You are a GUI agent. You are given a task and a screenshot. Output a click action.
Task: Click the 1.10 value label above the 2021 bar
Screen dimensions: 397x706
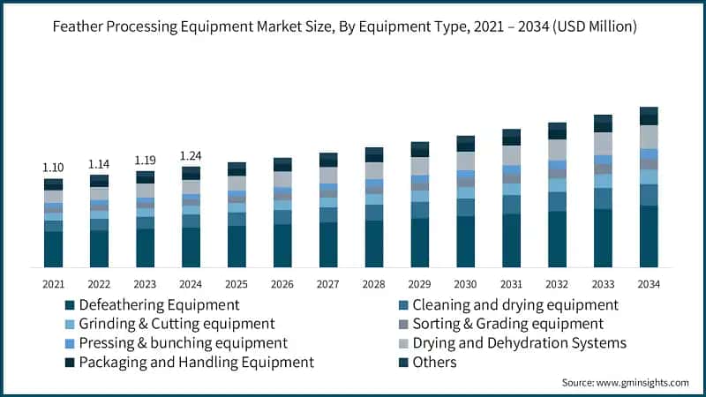point(53,168)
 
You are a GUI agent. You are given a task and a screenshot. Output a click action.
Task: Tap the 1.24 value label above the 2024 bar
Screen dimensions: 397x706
point(191,156)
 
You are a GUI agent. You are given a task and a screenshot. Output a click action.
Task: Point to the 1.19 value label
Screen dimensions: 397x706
point(145,161)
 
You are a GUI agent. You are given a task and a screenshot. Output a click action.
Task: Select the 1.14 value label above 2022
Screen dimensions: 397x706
point(99,164)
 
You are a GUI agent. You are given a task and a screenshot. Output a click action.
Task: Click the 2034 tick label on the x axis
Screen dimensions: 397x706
point(649,283)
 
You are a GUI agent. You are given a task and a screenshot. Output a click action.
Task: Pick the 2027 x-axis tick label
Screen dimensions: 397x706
point(328,283)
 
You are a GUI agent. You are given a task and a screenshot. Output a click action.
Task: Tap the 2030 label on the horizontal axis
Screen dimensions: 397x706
point(465,283)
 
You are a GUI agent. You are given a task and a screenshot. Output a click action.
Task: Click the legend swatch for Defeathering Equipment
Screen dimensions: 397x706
point(70,305)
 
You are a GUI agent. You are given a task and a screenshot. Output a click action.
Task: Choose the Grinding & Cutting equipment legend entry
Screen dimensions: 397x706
point(176,324)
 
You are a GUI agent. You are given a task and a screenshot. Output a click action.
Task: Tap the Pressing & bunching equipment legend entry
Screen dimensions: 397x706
point(183,342)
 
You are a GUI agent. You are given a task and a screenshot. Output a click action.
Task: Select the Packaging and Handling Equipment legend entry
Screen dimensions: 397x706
point(196,362)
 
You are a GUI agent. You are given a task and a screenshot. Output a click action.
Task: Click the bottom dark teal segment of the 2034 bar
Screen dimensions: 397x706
point(649,236)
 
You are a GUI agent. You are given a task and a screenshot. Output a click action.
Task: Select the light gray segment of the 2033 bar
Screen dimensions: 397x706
point(603,143)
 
